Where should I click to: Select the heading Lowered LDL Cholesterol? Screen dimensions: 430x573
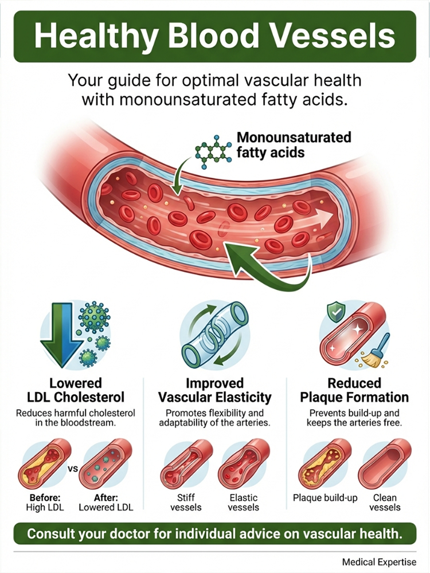tap(76, 390)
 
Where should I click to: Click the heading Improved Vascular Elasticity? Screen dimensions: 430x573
tap(214, 390)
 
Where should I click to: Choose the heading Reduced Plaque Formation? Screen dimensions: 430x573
tap(354, 390)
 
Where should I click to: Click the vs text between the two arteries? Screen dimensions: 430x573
tap(73, 468)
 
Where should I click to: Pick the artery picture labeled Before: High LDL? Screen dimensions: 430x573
tap(45, 464)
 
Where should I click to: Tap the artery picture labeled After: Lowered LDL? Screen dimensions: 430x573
tap(105, 464)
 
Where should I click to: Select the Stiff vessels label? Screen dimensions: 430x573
tap(186, 503)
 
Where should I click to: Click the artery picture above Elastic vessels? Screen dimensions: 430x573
tap(244, 464)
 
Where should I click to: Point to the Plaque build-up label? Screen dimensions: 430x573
tap(326, 498)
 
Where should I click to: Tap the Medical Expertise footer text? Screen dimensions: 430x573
tap(379, 562)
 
